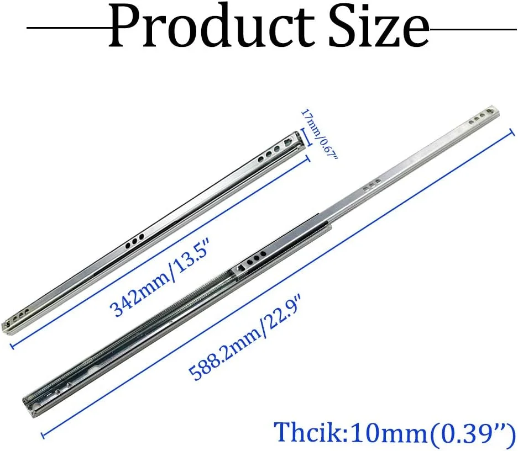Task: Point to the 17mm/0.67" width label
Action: point(318,135)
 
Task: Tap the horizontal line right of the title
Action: point(473,29)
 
